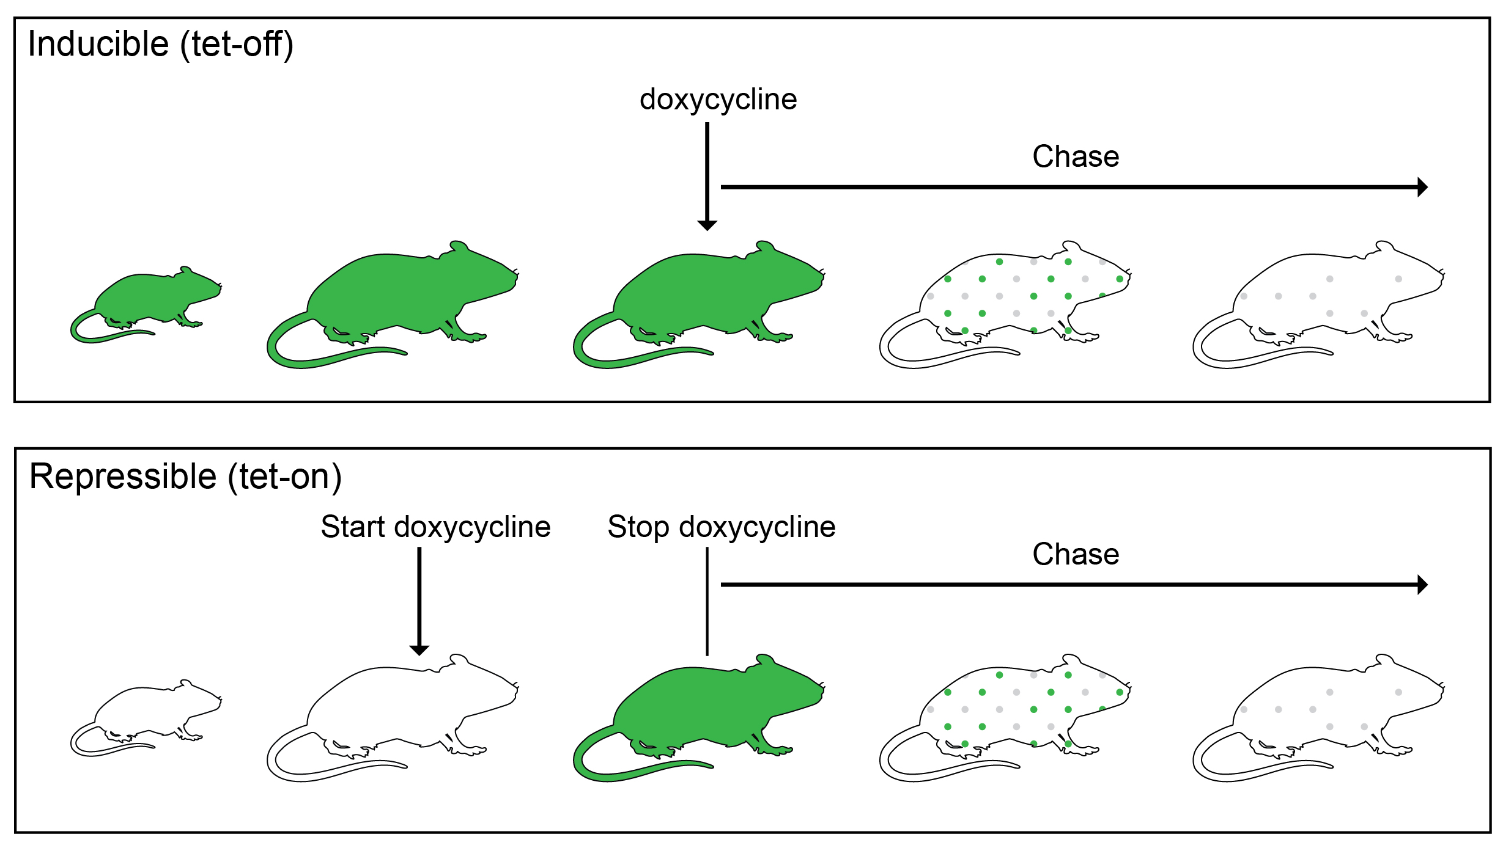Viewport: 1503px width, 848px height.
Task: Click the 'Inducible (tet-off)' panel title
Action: pos(160,45)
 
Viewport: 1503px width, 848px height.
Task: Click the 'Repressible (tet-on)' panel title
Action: pos(185,477)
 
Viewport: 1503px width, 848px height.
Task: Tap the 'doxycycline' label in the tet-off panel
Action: pos(718,100)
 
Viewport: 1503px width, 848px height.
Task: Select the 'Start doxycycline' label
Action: pos(435,527)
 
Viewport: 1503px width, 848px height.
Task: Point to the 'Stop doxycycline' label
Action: pos(721,527)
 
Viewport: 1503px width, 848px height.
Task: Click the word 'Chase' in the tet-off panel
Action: pos(1076,157)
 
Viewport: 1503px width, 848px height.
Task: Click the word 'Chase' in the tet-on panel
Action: pos(1076,555)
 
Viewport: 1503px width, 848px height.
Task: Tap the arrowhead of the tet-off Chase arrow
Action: pos(1422,187)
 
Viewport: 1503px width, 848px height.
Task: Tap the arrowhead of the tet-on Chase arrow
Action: pos(1422,585)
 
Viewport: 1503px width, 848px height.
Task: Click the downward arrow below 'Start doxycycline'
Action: pos(419,599)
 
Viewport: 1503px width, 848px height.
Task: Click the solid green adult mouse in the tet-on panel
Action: pos(703,709)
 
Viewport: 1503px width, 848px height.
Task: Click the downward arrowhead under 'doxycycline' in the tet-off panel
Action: pos(707,225)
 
